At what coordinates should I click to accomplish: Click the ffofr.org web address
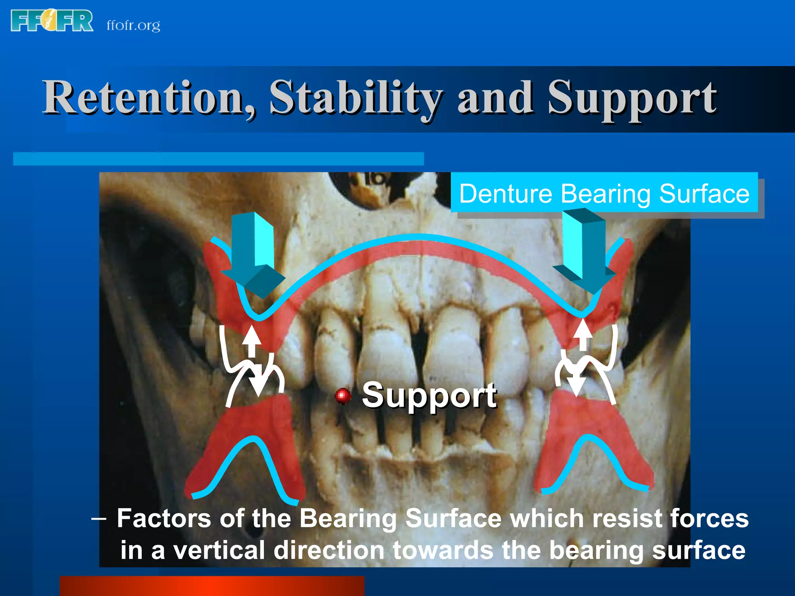coord(133,26)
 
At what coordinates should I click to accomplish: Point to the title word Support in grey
coord(632,99)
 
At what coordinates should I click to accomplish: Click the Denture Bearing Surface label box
coord(604,193)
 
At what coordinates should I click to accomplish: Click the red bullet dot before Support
coord(343,395)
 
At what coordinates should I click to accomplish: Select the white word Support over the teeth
coord(429,395)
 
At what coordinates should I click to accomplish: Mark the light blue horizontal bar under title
coord(218,159)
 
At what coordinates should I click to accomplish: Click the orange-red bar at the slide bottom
coord(212,586)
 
